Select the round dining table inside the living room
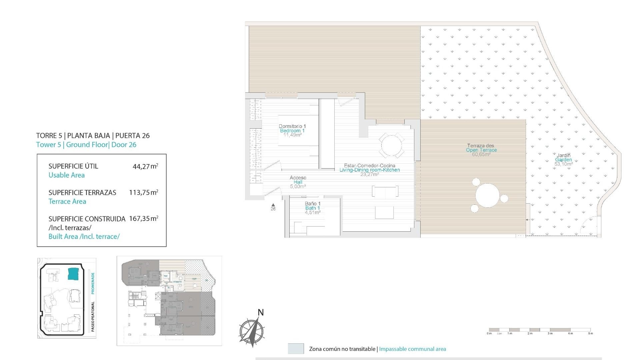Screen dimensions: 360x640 coord(392,145)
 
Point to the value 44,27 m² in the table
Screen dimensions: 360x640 coord(145,166)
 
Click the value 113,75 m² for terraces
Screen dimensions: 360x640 coord(143,193)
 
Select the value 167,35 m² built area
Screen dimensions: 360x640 coord(143,219)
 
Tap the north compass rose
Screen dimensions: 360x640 coord(252,332)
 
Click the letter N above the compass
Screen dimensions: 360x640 coord(261,313)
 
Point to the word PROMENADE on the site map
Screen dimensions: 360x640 coord(93,283)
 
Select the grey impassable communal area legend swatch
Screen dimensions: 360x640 coord(296,349)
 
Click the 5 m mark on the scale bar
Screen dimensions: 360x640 coord(591,333)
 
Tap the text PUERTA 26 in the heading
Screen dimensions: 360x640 coord(132,136)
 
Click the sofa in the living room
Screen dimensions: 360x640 coord(385,192)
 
